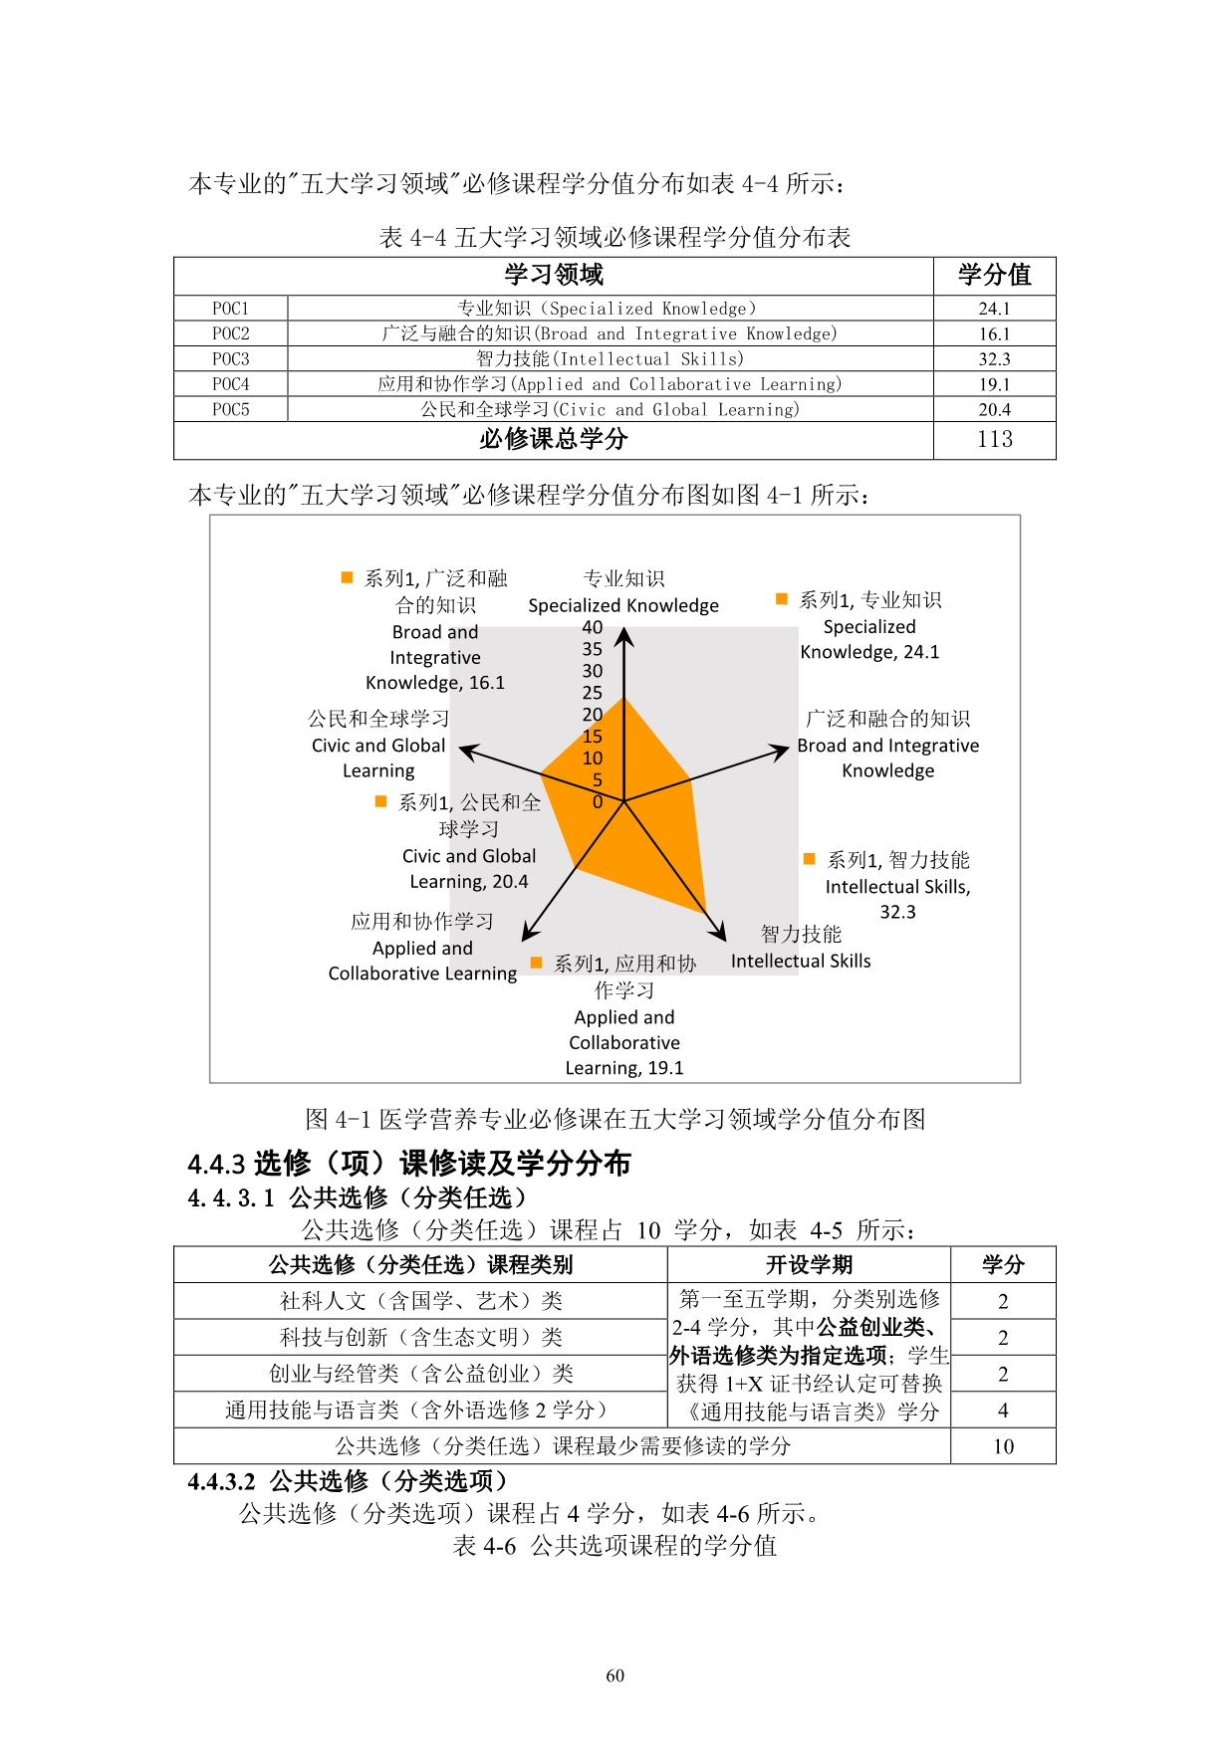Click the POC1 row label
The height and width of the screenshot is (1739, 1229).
tap(230, 309)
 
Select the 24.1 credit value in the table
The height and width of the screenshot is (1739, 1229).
tap(994, 309)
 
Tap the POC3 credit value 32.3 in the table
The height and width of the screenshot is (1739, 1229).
tap(994, 359)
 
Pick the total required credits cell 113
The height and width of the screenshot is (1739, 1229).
tap(994, 439)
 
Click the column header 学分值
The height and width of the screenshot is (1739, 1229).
tap(994, 275)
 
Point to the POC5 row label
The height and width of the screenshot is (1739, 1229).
tap(230, 409)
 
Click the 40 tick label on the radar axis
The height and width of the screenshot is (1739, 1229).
tap(593, 627)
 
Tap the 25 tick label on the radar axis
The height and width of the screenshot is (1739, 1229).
tap(593, 693)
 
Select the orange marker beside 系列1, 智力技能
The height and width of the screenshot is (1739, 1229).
tap(810, 859)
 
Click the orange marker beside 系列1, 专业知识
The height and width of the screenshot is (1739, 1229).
tap(782, 599)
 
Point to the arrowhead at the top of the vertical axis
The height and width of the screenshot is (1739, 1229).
tap(624, 635)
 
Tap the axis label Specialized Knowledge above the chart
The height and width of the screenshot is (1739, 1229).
tap(623, 605)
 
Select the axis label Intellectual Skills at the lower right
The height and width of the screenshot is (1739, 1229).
tap(801, 961)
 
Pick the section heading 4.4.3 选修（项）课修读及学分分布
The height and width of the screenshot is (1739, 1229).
tap(409, 1163)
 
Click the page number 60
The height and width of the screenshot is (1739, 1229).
tap(614, 1676)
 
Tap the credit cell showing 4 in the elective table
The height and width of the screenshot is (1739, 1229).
tap(1003, 1411)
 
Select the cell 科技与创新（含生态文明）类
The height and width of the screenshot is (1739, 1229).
tap(420, 1337)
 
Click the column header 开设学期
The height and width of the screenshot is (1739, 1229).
tap(809, 1265)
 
